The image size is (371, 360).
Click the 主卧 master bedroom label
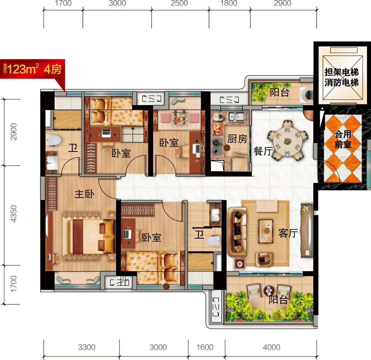[x=84, y=194]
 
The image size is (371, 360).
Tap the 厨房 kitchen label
[x=237, y=139]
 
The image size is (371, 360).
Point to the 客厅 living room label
[x=288, y=233]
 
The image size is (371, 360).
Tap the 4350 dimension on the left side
[x=14, y=214]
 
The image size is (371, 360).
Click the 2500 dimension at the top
[x=179, y=3]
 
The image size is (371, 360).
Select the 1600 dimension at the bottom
[x=205, y=347]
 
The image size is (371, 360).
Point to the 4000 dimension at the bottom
[x=272, y=347]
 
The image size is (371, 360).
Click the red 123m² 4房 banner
[x=32, y=69]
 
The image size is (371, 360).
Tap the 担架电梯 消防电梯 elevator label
[x=341, y=77]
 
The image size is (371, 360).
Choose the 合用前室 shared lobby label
[x=343, y=139]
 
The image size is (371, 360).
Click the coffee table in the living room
[x=266, y=231]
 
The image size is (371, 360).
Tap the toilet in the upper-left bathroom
[x=54, y=140]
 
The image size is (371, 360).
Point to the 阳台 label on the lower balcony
[x=278, y=299]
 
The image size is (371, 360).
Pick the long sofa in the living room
[x=237, y=232]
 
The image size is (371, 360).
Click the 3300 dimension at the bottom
[x=87, y=347]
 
